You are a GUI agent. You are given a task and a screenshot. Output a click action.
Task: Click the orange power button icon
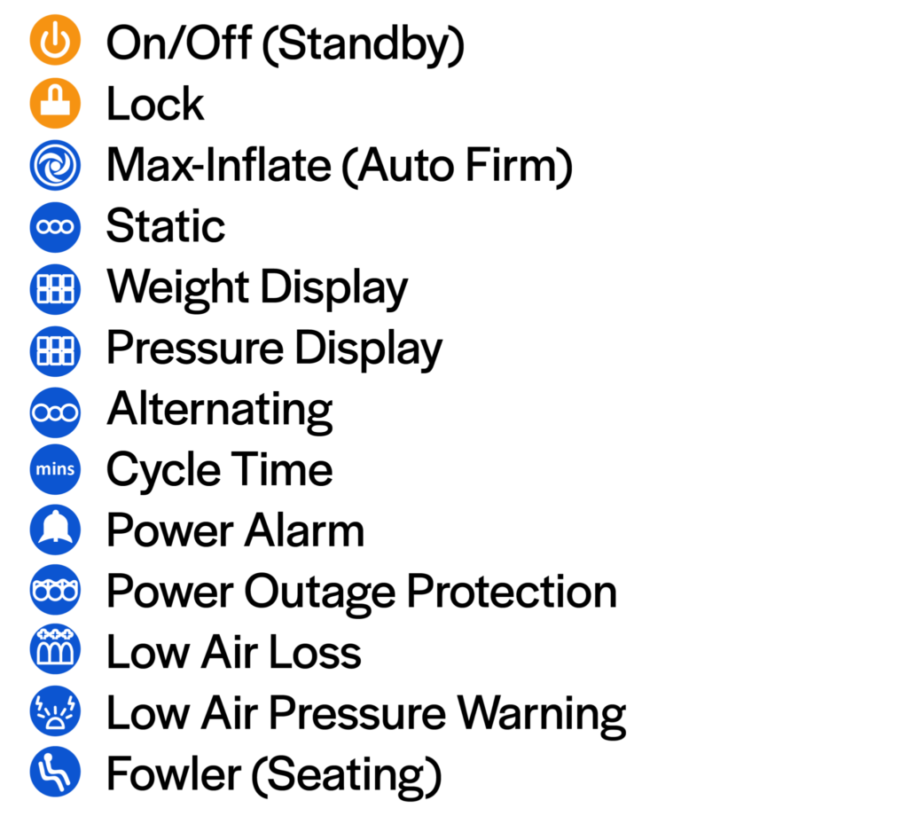[55, 40]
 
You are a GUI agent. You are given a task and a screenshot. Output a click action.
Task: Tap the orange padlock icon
[55, 103]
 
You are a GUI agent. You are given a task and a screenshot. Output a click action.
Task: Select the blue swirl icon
[55, 165]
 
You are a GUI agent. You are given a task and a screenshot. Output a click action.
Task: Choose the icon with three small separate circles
[55, 227]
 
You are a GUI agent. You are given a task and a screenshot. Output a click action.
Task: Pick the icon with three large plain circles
[55, 412]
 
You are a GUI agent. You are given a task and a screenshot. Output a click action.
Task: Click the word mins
[55, 469]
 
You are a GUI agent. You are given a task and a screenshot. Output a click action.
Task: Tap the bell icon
[55, 530]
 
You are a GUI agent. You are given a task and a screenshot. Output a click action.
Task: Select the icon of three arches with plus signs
[55, 650]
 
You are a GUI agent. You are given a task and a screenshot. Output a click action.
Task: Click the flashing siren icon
[55, 711]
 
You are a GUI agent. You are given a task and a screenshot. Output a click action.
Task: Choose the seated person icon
[55, 772]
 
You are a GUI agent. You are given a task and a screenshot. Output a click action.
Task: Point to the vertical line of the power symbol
[55, 33]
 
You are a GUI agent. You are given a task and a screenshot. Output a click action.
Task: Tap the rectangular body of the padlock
[55, 109]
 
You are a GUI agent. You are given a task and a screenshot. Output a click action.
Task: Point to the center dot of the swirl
[55, 165]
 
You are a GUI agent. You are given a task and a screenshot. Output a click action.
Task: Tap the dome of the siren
[55, 722]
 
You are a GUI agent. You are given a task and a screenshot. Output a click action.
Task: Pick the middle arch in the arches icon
[55, 655]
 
